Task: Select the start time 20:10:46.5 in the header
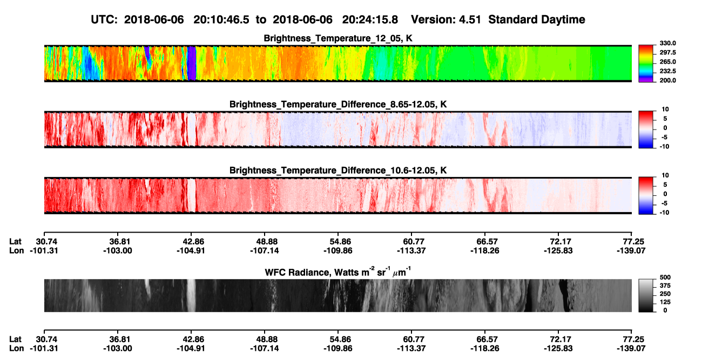(221, 19)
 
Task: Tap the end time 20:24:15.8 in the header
(370, 19)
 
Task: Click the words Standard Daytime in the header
(537, 19)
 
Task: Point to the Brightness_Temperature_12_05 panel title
(338, 38)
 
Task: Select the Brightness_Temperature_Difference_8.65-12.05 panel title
(338, 104)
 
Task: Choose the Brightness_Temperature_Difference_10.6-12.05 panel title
(338, 171)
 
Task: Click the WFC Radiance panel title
(338, 272)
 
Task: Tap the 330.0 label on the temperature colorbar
(667, 43)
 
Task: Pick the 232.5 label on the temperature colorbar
(667, 71)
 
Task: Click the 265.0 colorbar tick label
(667, 62)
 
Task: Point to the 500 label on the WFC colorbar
(665, 277)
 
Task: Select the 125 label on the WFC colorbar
(665, 302)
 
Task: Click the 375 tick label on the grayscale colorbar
(665, 286)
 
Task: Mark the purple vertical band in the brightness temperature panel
(192, 63)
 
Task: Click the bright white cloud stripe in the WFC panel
(191, 295)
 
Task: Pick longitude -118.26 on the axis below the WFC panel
(484, 349)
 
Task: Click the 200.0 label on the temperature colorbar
(667, 80)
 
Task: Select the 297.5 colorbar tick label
(667, 52)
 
